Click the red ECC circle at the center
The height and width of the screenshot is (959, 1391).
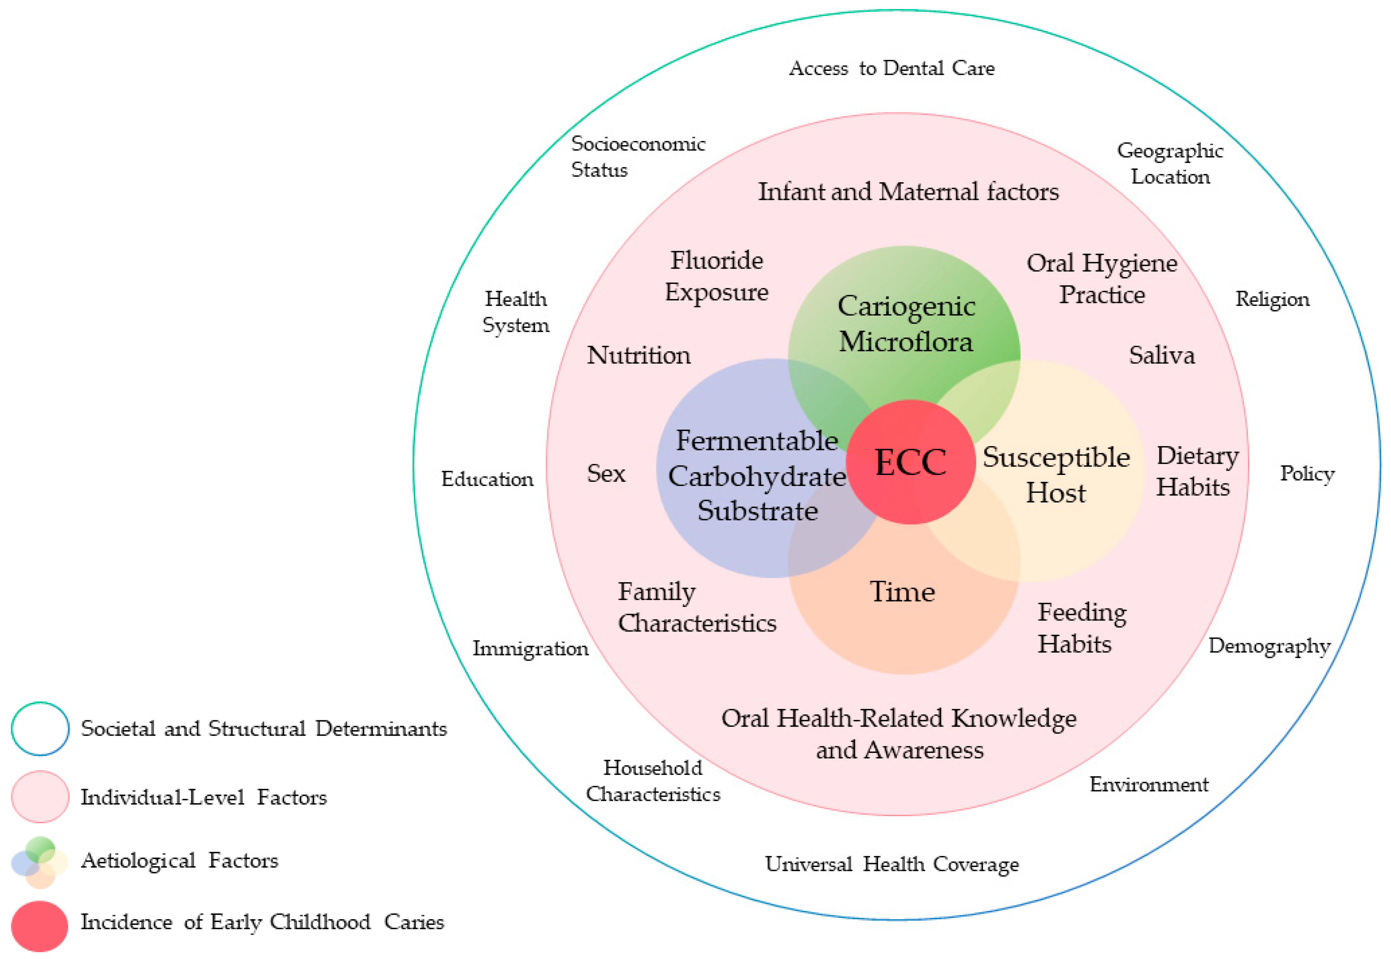pyautogui.click(x=910, y=461)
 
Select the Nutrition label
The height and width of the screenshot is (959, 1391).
pyautogui.click(x=638, y=355)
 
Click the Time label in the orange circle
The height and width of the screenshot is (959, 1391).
pyautogui.click(x=902, y=592)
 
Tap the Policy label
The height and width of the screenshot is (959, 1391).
pyautogui.click(x=1307, y=473)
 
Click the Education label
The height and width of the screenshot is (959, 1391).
pyautogui.click(x=487, y=479)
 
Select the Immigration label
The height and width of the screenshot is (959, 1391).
pyautogui.click(x=530, y=648)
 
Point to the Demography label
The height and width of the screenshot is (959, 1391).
pyautogui.click(x=1269, y=646)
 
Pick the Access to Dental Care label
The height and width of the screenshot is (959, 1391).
pyautogui.click(x=891, y=68)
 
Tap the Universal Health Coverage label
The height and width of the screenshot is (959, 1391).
pyautogui.click(x=891, y=864)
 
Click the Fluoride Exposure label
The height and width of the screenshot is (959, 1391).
pyautogui.click(x=716, y=276)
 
